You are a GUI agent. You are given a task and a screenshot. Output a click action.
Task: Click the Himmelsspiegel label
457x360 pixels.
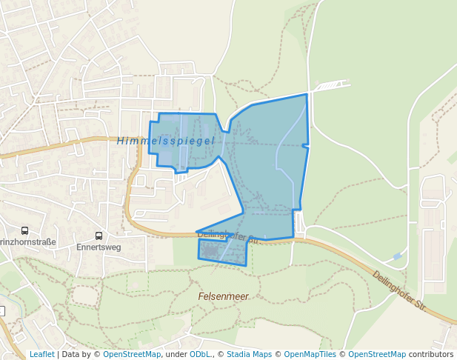click(165, 141)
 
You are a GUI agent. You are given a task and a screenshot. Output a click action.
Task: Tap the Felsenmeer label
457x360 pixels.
click(222, 296)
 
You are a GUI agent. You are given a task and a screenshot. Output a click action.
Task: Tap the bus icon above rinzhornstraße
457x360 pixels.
click(24, 231)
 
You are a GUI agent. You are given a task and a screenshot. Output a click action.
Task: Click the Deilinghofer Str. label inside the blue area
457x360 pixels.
click(230, 236)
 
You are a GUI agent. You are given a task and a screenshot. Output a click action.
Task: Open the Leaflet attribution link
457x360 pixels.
click(41, 354)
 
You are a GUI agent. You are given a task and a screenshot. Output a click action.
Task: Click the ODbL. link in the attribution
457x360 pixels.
click(200, 354)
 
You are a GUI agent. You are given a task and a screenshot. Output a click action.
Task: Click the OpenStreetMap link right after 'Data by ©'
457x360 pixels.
click(132, 354)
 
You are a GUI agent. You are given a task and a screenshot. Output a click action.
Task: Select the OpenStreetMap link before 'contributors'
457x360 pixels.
click(377, 354)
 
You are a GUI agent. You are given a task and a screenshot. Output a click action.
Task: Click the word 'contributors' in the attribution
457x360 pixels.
click(431, 354)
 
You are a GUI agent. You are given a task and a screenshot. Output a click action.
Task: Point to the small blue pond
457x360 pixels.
click(398, 256)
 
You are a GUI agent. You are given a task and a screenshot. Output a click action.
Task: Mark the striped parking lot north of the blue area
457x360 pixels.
click(329, 86)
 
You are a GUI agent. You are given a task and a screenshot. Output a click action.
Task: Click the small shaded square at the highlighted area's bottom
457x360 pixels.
click(211, 253)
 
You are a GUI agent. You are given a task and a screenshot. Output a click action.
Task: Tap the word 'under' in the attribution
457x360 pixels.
click(176, 354)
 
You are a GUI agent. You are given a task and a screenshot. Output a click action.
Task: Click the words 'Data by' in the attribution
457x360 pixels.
click(78, 354)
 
